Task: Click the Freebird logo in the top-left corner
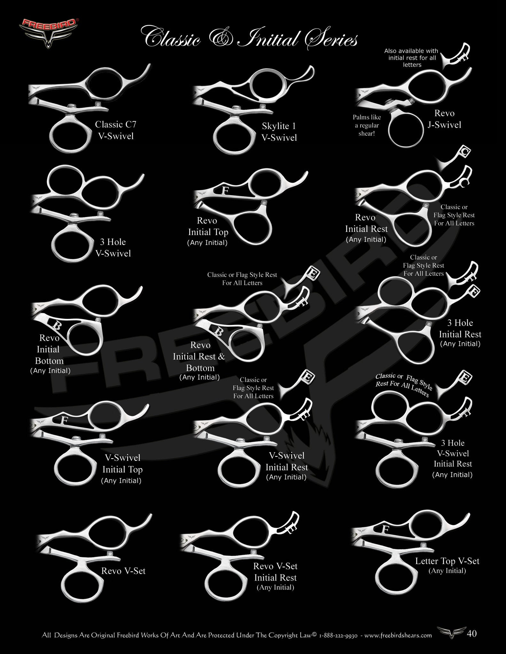coord(48,32)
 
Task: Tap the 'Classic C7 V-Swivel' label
coord(116,130)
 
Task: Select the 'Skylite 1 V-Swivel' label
coord(279,132)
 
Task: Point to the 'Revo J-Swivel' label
coord(444,119)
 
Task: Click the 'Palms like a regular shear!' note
coord(367,125)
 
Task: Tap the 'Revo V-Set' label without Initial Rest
coord(123,571)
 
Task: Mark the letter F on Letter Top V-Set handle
coord(385,529)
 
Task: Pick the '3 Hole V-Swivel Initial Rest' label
coord(453,458)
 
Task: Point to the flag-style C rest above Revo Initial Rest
coord(458,158)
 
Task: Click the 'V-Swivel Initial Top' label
coord(122,469)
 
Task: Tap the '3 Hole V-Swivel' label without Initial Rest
coord(113,247)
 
